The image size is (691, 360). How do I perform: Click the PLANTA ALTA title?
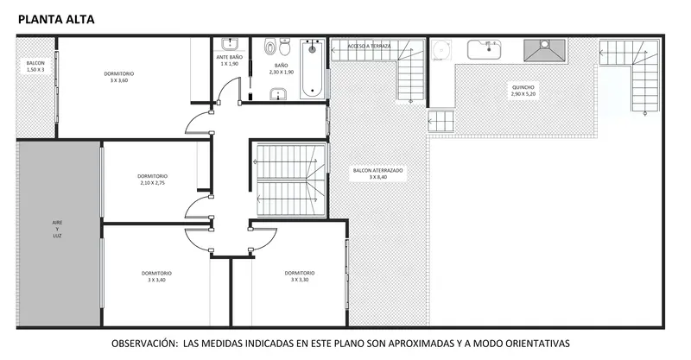click(x=56, y=19)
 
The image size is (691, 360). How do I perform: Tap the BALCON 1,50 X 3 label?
click(x=35, y=66)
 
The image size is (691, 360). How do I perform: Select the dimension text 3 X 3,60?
click(x=119, y=80)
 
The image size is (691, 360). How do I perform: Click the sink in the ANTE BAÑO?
click(x=230, y=44)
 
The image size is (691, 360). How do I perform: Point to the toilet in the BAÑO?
click(x=285, y=47)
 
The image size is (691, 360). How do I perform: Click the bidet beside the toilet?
click(x=270, y=47)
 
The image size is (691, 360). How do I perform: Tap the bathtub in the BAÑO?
click(x=313, y=69)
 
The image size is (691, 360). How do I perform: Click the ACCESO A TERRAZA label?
click(x=369, y=46)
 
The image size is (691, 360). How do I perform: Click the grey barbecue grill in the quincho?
click(x=544, y=50)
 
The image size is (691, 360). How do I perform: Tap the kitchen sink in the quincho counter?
click(x=485, y=49)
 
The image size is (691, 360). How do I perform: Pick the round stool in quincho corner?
click(x=441, y=49)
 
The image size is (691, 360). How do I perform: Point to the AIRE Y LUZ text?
click(x=57, y=229)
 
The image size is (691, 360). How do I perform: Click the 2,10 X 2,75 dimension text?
click(x=153, y=183)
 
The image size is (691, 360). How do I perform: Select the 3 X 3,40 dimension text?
click(x=156, y=280)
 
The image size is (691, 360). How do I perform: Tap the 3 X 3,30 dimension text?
click(x=300, y=280)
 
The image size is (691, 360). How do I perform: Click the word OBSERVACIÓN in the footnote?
click(x=144, y=344)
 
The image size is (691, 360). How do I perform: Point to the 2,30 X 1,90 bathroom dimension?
click(x=282, y=72)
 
